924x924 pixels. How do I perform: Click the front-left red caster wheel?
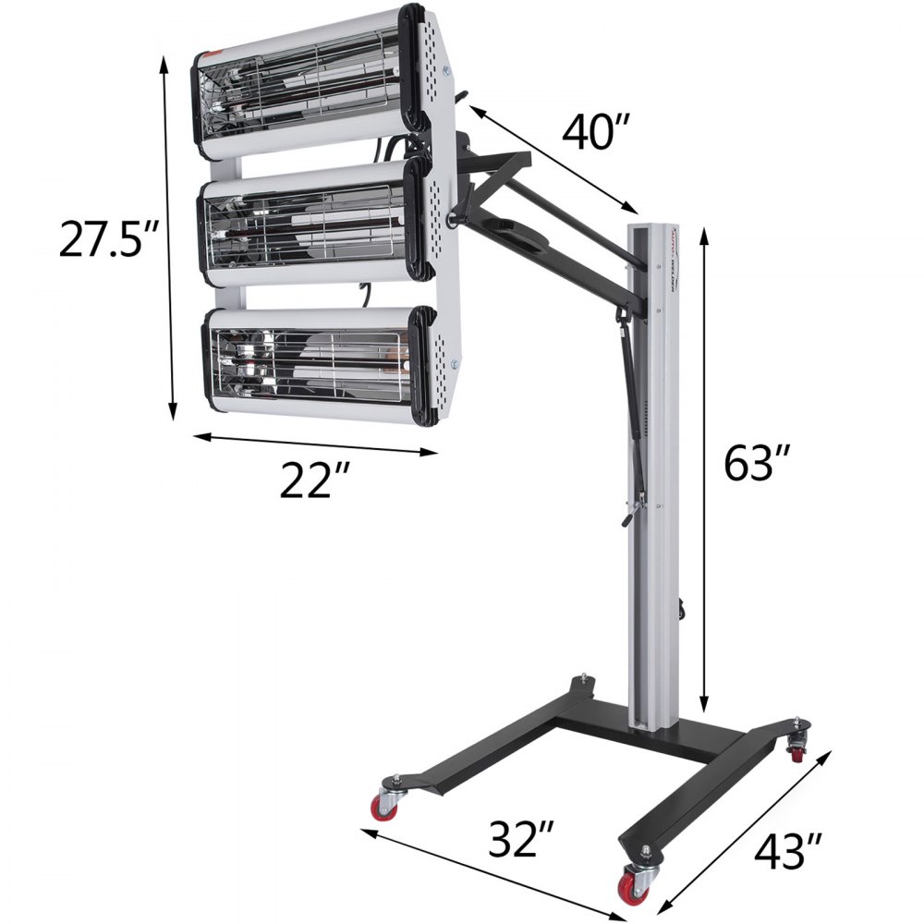pyautogui.click(x=383, y=806)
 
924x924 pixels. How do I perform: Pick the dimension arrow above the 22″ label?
pyautogui.click(x=314, y=443)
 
